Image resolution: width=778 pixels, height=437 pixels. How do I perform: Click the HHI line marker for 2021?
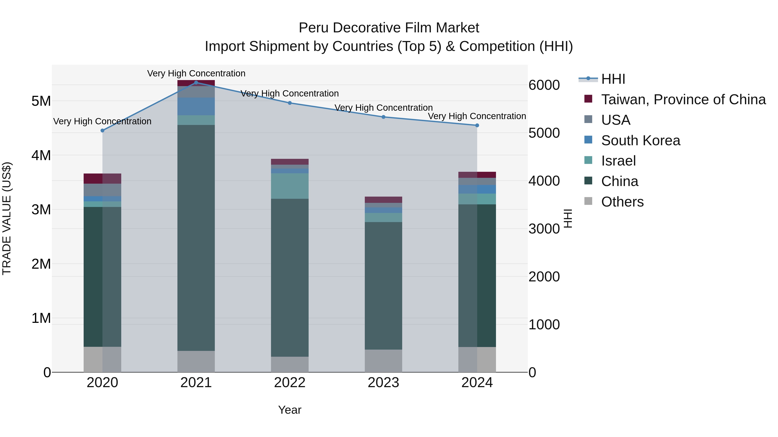point(196,82)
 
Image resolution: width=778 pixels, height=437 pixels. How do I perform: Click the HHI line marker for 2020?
point(102,131)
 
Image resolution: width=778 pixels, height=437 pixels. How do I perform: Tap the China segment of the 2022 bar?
point(290,278)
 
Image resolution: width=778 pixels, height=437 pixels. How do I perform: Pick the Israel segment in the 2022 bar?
point(290,186)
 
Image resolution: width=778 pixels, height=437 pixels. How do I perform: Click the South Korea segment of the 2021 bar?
point(196,106)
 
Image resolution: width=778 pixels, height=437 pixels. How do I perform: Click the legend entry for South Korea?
point(640,140)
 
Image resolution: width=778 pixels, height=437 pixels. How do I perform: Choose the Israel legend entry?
point(618,161)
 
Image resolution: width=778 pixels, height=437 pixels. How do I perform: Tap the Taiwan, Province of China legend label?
point(683,99)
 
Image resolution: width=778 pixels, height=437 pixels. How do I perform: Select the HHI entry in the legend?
point(613,79)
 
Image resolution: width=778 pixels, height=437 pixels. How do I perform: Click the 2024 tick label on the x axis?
point(477,383)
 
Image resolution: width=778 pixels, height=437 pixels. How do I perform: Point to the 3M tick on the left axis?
point(41,210)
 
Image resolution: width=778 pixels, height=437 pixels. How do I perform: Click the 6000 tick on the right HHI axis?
point(544,85)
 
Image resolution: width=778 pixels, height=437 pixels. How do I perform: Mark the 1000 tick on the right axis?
point(544,325)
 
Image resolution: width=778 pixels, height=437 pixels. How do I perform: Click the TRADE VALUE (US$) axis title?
point(7,218)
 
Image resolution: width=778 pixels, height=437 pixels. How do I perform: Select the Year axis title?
point(290,410)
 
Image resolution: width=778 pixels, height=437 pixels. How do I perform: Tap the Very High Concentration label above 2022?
point(290,93)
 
